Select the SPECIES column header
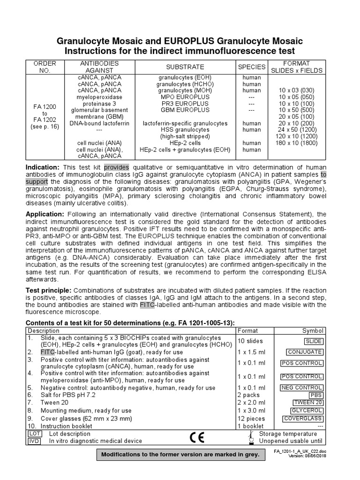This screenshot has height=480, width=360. coord(252,67)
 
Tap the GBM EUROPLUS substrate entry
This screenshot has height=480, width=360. coord(185,110)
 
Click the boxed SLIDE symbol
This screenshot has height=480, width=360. coord(313,341)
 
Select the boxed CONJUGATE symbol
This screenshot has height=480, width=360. coord(305,352)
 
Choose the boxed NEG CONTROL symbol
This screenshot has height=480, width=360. coord(302,388)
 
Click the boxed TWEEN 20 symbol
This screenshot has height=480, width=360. coord(307,403)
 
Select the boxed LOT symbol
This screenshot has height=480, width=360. coord(34,434)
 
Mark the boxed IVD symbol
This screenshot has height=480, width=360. coord(34,442)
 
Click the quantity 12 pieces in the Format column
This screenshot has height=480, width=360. coord(251,419)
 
